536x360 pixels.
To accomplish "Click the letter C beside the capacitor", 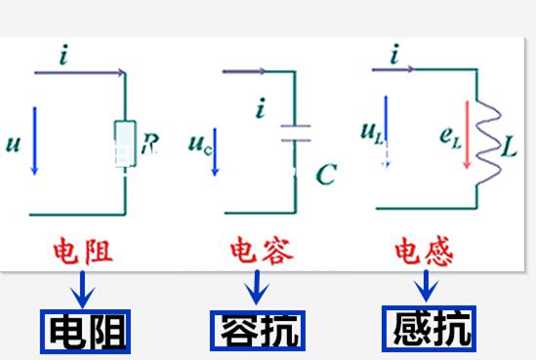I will [326, 175].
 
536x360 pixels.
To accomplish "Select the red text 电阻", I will [84, 251].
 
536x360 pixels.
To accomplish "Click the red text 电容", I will [257, 251].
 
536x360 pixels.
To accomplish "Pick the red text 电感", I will [423, 251].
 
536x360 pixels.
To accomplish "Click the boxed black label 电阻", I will [85, 329].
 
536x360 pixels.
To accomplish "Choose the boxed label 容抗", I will [257, 327].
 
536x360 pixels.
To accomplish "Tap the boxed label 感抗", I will [428, 327].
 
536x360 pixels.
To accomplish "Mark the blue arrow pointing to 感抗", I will [426, 286].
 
